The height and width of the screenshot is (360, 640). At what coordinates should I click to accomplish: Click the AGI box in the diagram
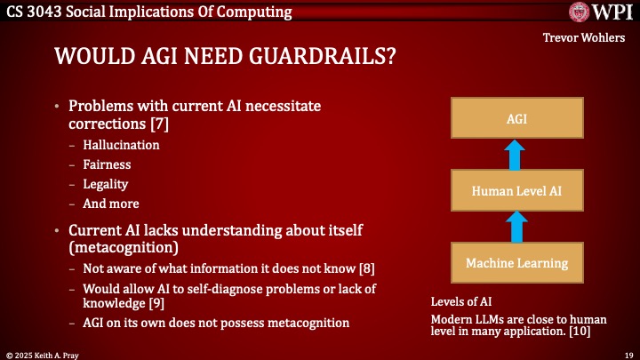516,116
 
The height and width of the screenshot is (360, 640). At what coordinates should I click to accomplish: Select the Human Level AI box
516,189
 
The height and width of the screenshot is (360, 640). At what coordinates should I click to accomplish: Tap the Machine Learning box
516,262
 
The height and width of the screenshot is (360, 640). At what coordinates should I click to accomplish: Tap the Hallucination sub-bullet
121,145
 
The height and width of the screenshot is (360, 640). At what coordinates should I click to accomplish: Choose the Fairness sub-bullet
107,164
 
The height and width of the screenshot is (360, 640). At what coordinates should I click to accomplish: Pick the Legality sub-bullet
106,184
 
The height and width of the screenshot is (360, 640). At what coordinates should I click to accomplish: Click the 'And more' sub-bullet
110,204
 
